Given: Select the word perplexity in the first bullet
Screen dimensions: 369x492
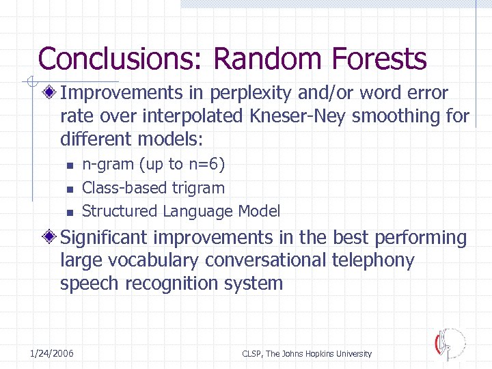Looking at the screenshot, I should [247, 94].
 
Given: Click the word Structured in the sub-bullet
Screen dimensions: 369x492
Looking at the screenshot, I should [119, 211].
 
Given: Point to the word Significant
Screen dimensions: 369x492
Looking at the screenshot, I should [106, 238].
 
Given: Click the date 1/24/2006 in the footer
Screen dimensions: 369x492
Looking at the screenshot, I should [52, 353].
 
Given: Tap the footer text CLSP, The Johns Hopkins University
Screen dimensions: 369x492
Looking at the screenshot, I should [307, 353].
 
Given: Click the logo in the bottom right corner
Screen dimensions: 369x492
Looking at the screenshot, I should [449, 344].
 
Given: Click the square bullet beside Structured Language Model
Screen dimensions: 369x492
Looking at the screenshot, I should [69, 212].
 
